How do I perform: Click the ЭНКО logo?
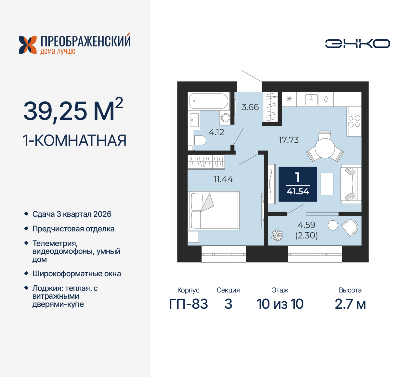pyautogui.click(x=357, y=44)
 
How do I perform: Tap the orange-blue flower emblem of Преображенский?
pyautogui.click(x=28, y=45)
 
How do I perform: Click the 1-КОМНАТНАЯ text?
pyautogui.click(x=74, y=141)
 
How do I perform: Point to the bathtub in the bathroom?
pyautogui.click(x=209, y=101)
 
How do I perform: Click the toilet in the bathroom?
pyautogui.click(x=200, y=141)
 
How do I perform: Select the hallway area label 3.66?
pyautogui.click(x=250, y=107)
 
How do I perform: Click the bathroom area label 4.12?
pyautogui.click(x=216, y=132)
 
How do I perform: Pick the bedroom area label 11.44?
pyautogui.click(x=223, y=179)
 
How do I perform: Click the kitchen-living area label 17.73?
pyautogui.click(x=289, y=140)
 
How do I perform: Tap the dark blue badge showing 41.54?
pyautogui.click(x=298, y=184)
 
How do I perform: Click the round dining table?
pyautogui.click(x=325, y=149)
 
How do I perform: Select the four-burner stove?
pyautogui.click(x=354, y=121)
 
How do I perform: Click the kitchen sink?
pyautogui.click(x=311, y=98)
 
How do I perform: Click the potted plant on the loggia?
pyautogui.click(x=277, y=235)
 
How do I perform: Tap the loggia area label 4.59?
pyautogui.click(x=306, y=225)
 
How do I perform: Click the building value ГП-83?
pyautogui.click(x=188, y=304)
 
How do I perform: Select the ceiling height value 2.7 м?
pyautogui.click(x=350, y=304)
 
